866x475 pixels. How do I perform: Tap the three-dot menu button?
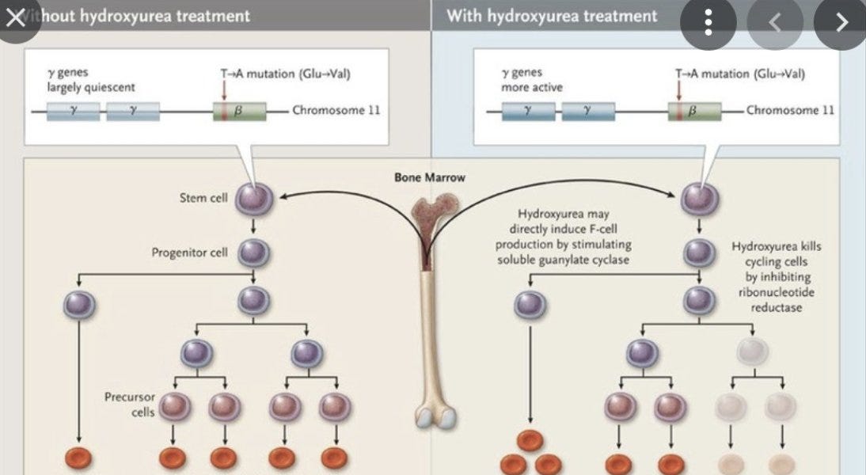708,23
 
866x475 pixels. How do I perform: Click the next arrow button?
841,23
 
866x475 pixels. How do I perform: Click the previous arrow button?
774,23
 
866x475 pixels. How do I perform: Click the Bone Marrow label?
430,177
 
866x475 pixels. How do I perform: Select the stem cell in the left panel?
253,198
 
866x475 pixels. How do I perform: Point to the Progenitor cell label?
189,253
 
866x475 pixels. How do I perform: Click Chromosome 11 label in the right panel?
790,111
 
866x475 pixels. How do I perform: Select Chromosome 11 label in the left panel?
336,110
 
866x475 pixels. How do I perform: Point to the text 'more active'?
531,87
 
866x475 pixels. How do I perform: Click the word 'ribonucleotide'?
777,292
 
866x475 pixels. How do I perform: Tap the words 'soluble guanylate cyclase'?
564,260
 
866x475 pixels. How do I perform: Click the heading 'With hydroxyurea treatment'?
551,16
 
